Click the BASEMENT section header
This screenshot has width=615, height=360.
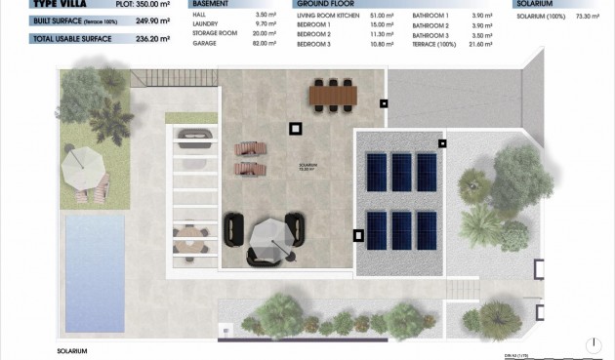(198, 4)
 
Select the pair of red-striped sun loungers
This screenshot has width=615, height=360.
(251, 149)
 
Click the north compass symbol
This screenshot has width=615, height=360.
(596, 342)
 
